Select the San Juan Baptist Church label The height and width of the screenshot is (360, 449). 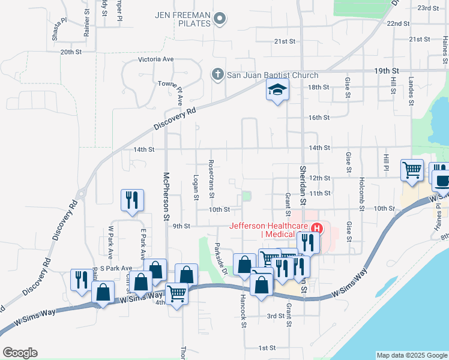(x=272, y=75)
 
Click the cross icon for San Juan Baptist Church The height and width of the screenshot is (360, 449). (x=218, y=75)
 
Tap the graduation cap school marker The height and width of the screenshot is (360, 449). (x=277, y=90)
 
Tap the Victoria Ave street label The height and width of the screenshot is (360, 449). (x=155, y=60)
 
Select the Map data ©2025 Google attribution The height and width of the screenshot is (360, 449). (x=412, y=355)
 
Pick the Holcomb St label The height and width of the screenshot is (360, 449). (x=362, y=194)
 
